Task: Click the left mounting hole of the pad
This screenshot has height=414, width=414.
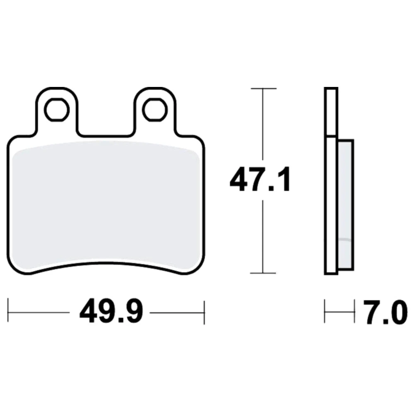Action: (57, 110)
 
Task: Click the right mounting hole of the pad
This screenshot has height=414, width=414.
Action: (155, 110)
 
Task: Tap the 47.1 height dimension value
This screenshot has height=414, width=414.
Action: (260, 179)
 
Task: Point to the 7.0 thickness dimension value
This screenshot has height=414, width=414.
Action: (385, 312)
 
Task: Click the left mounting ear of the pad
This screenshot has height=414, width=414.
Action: (57, 111)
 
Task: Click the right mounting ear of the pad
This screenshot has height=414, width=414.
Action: (155, 111)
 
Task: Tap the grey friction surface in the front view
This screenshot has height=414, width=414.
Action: (106, 203)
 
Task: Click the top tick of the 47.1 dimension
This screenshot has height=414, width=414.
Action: (263, 89)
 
